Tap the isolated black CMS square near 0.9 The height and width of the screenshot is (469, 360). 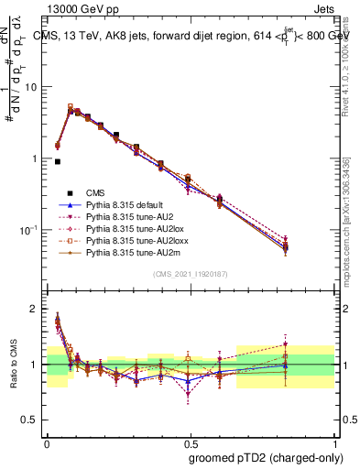click(x=58, y=161)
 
